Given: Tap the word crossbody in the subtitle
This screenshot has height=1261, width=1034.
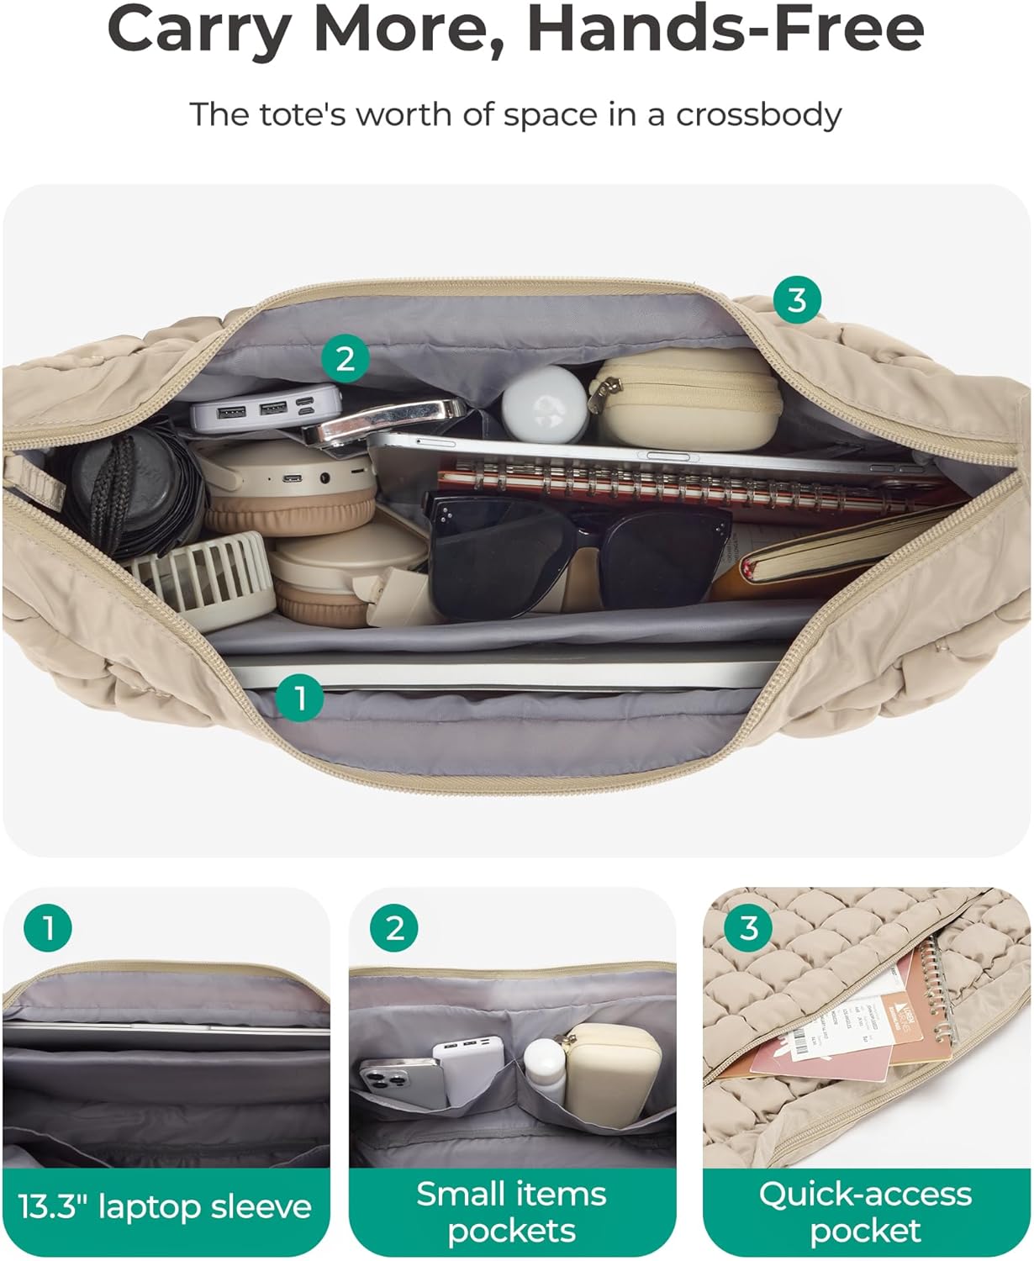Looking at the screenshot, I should tap(757, 114).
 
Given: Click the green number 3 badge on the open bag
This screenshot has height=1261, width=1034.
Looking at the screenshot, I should tap(796, 300).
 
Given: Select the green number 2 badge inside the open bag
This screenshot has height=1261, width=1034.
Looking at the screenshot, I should tap(345, 359).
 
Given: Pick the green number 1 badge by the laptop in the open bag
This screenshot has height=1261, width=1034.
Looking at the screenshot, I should tap(299, 697).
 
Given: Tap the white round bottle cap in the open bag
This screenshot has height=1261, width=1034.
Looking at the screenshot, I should tap(544, 401).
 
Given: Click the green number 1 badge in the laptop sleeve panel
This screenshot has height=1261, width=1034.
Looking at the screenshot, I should tap(48, 928).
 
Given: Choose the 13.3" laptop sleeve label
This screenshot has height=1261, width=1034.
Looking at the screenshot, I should tap(165, 1207).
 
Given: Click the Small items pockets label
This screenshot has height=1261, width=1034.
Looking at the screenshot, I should tap(511, 1211).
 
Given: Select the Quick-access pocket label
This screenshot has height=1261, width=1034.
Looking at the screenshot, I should tap(865, 1211).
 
